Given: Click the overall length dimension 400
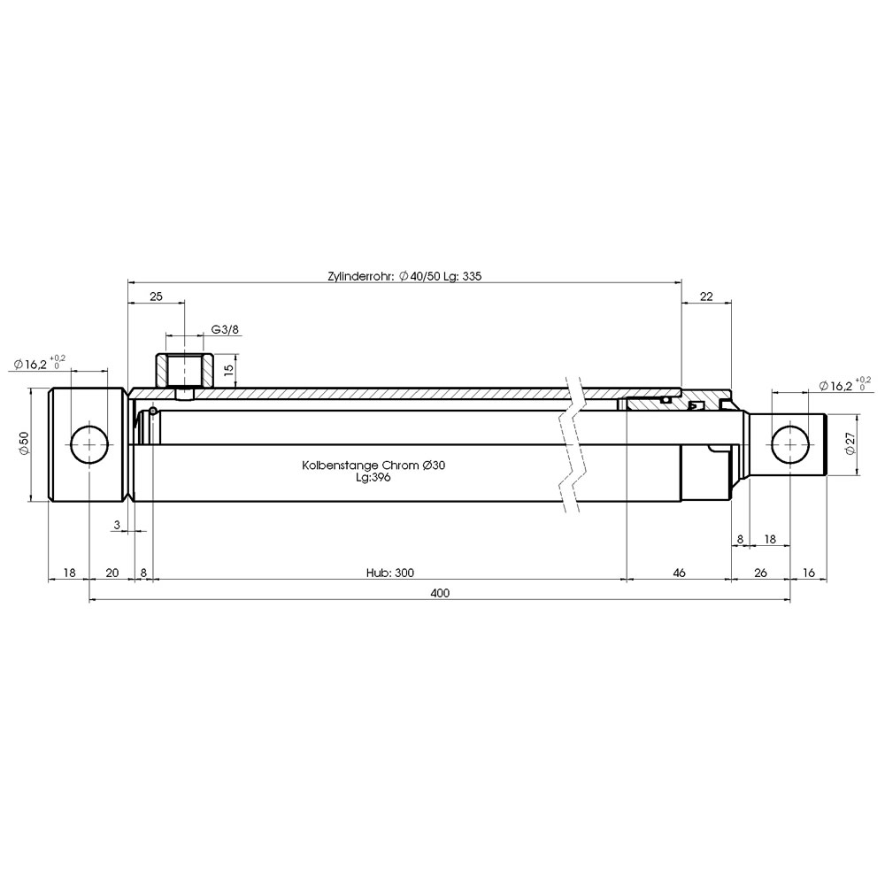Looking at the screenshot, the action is (440, 593).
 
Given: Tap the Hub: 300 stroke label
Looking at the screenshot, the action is (389, 573).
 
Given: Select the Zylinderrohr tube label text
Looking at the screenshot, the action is (404, 276).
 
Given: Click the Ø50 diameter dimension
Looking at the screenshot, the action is (24, 443).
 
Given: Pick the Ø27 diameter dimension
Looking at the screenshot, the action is (851, 443).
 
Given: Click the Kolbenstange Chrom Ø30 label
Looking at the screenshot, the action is (373, 466).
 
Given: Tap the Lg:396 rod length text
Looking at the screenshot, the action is (373, 478).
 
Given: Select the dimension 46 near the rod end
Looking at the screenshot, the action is (680, 573).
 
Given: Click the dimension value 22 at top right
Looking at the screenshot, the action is (706, 296).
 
